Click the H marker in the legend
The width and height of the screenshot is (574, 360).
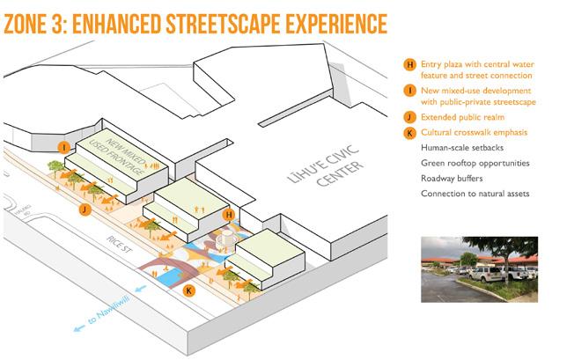point(408,64)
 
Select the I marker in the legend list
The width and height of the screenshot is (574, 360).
point(408,90)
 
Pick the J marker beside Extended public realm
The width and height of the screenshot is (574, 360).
point(408,116)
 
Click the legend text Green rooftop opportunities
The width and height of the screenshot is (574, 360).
point(475,163)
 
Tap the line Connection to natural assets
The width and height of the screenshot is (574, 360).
point(475,194)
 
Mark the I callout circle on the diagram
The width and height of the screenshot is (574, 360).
point(63,147)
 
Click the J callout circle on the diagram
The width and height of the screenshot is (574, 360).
point(83,210)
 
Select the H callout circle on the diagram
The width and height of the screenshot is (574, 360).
point(228,214)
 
